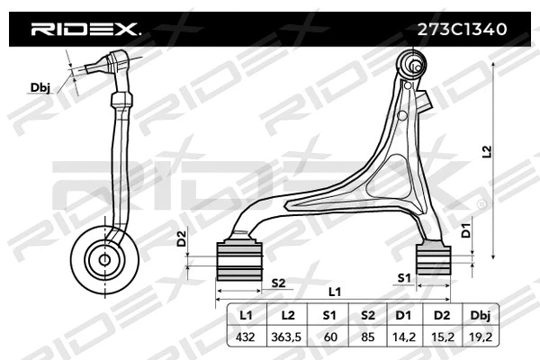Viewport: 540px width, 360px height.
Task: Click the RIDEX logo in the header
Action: (x=85, y=29)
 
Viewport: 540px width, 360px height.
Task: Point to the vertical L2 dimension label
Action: (x=487, y=153)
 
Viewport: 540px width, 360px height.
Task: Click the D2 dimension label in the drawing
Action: (x=182, y=238)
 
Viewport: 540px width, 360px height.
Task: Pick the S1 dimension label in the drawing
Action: (x=404, y=278)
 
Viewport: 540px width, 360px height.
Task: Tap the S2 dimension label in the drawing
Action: (x=278, y=283)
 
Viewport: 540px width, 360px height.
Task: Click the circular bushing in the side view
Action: (x=104, y=259)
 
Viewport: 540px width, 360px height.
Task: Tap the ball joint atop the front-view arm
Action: (x=414, y=64)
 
